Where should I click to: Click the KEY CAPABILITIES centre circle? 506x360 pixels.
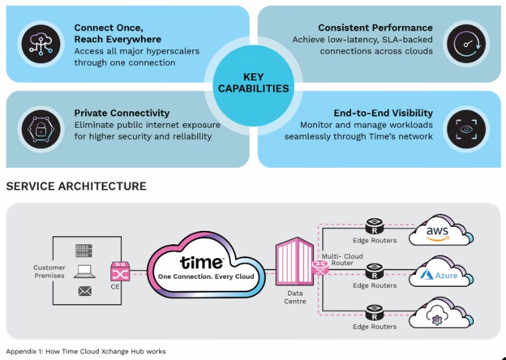(x=253, y=86)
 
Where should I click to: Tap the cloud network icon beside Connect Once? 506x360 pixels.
(x=41, y=44)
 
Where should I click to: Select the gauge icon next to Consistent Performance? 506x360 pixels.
(x=466, y=44)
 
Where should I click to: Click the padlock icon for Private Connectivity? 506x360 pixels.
(x=41, y=129)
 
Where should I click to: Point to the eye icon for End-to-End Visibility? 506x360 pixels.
(x=466, y=129)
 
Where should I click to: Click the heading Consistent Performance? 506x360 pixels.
(x=376, y=28)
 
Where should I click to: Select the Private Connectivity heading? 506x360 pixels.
(x=122, y=113)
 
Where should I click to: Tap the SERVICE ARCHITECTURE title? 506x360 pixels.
(x=76, y=186)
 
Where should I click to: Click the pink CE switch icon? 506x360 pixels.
(x=120, y=271)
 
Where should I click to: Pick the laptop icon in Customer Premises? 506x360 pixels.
(x=85, y=271)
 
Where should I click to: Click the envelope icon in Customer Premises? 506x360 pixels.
(x=85, y=291)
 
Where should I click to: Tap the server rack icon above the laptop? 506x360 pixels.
(x=84, y=251)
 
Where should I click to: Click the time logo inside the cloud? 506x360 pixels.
(x=202, y=263)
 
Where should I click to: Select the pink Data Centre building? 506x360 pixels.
(x=294, y=262)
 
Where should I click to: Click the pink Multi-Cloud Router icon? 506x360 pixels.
(x=320, y=268)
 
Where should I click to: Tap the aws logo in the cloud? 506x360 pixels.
(x=437, y=234)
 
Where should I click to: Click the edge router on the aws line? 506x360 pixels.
(x=374, y=226)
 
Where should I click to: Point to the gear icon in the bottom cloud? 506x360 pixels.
(x=437, y=319)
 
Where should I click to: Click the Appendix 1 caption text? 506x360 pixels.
(x=86, y=351)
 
